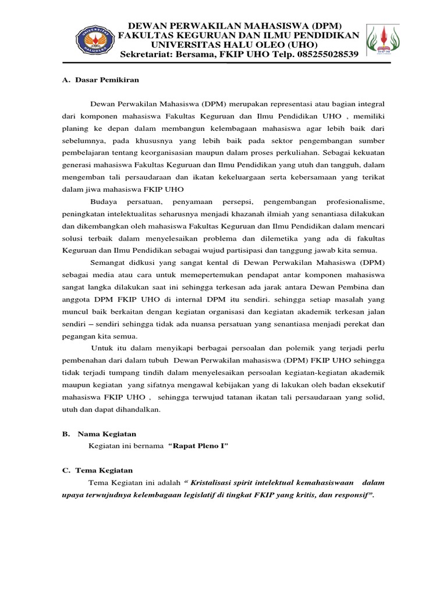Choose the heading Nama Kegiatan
pyautogui.click(x=105, y=433)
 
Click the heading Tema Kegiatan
pyautogui.click(x=105, y=469)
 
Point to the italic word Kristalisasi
pyautogui.click(x=218, y=482)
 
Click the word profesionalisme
pyautogui.click(x=348, y=201)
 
